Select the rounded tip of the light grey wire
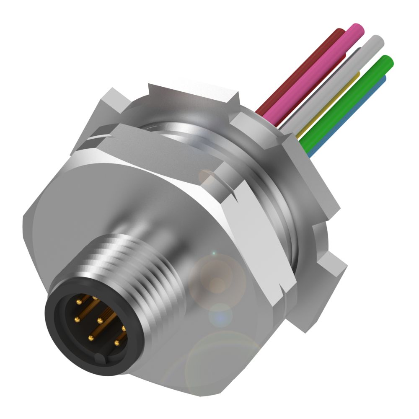pos(378,41)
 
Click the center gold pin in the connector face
pos(100,321)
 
